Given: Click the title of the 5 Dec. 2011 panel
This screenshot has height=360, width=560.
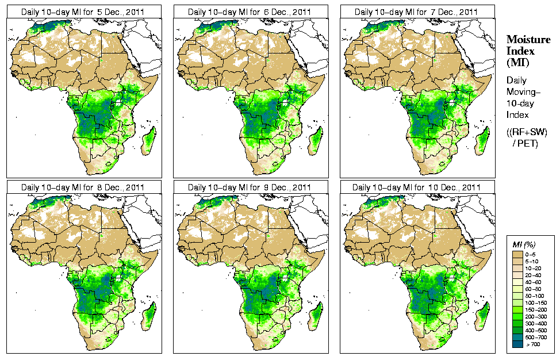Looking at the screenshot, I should coord(83,12).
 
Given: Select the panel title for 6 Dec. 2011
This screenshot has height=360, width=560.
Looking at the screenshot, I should coord(250,12).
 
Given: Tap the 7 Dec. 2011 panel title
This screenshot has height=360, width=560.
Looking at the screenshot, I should coord(416,12).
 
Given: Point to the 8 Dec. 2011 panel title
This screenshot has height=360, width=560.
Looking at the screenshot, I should coord(83,187).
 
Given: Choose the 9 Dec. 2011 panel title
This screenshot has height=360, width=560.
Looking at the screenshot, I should coord(250,187).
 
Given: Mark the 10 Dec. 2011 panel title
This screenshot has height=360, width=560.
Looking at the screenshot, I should coord(416,187).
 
